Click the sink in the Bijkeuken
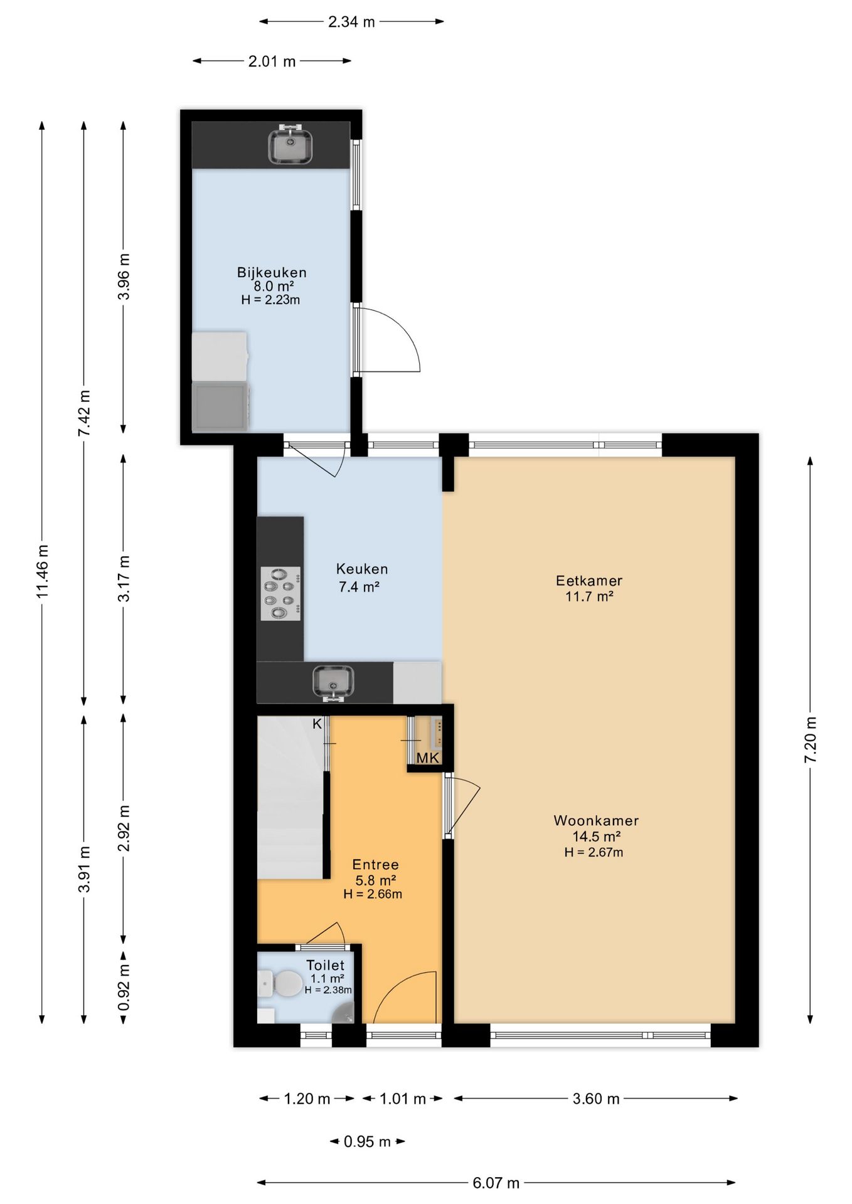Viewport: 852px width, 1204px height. click(290, 145)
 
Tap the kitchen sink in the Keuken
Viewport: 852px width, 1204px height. click(333, 683)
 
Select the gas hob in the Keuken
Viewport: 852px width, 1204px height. click(280, 594)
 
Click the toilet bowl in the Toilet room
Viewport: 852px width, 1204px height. click(282, 983)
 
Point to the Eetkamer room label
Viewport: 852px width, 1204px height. click(589, 581)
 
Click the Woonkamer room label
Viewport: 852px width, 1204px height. click(596, 820)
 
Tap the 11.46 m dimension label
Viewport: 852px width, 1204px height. click(43, 571)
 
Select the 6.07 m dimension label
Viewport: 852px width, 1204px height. click(496, 1183)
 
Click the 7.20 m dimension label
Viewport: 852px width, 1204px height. click(811, 739)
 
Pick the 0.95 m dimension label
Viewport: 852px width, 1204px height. click(367, 1141)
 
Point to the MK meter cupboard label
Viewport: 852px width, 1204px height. click(428, 758)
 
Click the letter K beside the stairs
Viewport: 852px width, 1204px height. click(317, 724)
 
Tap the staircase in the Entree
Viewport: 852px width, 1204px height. click(290, 798)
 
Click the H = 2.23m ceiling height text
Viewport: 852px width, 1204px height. click(270, 300)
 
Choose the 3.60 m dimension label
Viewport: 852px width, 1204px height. click(596, 1098)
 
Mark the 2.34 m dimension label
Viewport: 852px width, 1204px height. click(351, 22)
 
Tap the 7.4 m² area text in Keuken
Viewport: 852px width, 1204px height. click(359, 587)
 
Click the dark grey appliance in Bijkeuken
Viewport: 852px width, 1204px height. click(220, 406)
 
